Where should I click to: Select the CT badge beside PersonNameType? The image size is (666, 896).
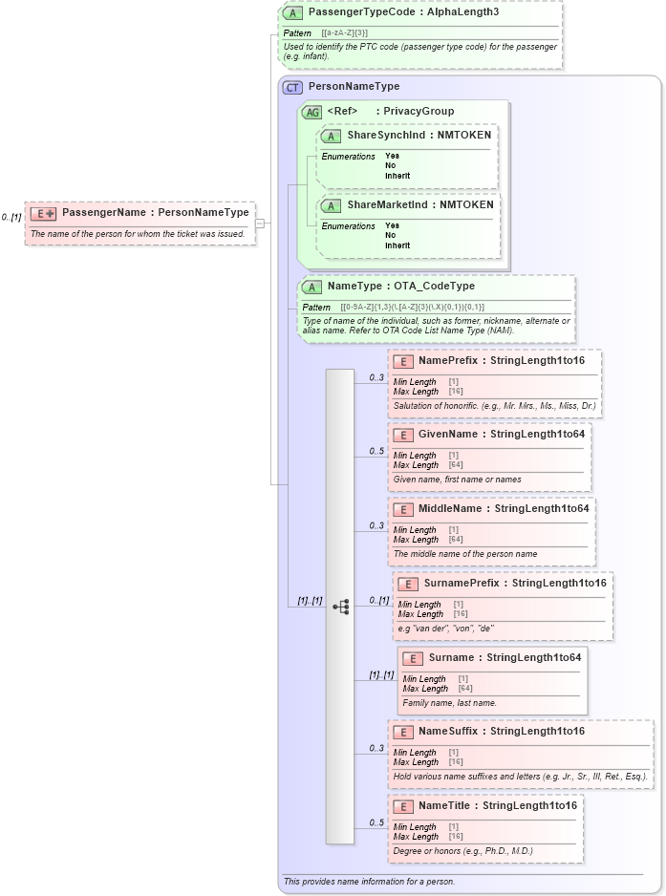tap(292, 87)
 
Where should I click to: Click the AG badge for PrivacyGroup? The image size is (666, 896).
tap(312, 112)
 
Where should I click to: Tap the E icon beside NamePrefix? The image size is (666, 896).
tap(403, 361)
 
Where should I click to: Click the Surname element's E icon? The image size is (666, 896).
tap(413, 658)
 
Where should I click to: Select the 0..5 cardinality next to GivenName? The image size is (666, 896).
tap(376, 451)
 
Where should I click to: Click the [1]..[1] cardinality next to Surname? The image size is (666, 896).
tap(381, 674)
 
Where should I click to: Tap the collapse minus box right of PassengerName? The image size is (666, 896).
tap(259, 224)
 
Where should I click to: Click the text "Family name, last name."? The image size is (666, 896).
tap(449, 703)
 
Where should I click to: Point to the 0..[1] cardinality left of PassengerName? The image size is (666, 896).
tap(11, 218)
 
